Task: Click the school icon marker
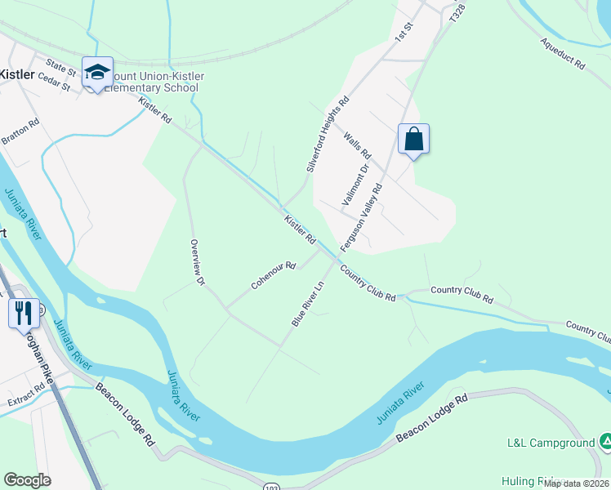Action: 97,72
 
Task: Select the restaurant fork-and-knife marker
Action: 23,312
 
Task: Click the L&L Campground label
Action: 551,443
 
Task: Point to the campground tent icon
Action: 605,443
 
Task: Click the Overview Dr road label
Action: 196,262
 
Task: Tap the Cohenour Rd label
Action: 273,276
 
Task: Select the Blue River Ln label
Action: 308,303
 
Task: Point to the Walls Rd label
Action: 357,145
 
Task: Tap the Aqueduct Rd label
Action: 562,53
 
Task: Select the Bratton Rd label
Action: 20,134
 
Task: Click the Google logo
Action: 27,480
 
